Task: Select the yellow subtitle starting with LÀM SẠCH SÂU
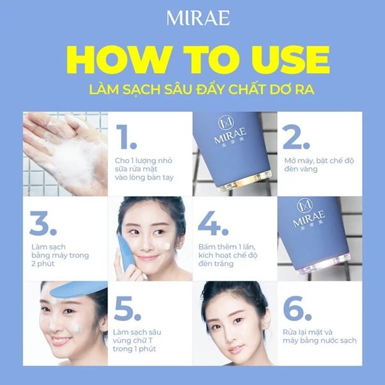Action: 192,89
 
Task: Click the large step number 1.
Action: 129,137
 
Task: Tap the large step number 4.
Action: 214,222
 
